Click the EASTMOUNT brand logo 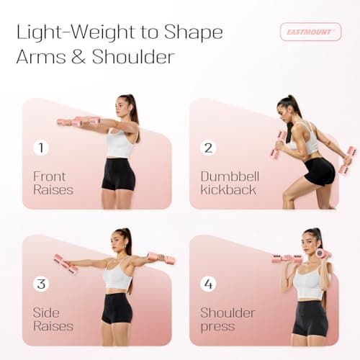(x=310, y=32)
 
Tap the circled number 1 (x=42, y=148)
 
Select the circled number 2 (x=209, y=148)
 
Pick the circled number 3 (x=42, y=284)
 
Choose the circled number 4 (x=209, y=284)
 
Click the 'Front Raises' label (x=53, y=182)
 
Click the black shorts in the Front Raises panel (x=118, y=174)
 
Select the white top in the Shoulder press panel (x=309, y=284)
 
